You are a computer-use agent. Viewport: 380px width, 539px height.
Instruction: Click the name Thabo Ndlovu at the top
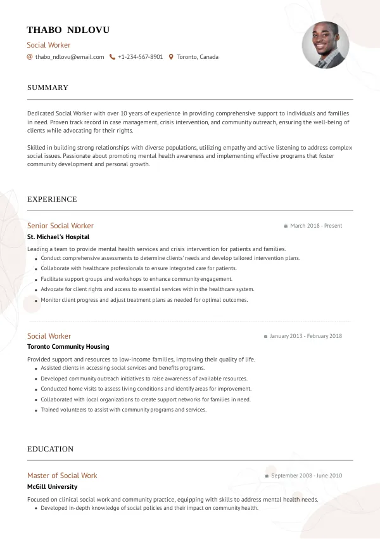(x=68, y=30)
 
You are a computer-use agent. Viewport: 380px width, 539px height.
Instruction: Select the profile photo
(x=325, y=46)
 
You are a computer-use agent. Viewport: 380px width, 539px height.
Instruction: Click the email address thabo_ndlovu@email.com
(x=70, y=57)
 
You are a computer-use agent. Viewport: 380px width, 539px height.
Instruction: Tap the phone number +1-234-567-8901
(x=140, y=57)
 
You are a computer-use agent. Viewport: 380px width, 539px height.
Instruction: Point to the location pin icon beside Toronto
(x=171, y=57)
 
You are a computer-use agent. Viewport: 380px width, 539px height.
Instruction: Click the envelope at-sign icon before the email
(x=30, y=57)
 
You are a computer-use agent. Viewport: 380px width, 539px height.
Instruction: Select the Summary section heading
(x=47, y=88)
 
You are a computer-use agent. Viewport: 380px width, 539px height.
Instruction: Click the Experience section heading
(x=52, y=199)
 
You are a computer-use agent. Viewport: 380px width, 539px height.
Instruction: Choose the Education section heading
(x=50, y=449)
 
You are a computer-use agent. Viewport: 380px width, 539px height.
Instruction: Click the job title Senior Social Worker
(x=60, y=226)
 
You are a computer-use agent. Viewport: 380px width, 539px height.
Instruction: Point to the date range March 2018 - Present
(x=316, y=226)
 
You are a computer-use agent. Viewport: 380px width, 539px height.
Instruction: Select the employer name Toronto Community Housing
(x=68, y=347)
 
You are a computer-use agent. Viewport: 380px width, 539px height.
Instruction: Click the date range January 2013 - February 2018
(x=306, y=336)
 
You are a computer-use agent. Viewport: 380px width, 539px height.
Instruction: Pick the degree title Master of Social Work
(x=62, y=476)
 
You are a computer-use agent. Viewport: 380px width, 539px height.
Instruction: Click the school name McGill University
(x=52, y=486)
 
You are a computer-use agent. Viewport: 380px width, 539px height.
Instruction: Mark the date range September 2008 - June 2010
(x=307, y=476)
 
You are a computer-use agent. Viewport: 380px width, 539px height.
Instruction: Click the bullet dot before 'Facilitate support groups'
(x=35, y=279)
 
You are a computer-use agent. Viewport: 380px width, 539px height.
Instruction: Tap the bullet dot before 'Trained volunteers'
(x=35, y=410)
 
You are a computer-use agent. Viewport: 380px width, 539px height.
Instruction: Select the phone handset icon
(x=112, y=57)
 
